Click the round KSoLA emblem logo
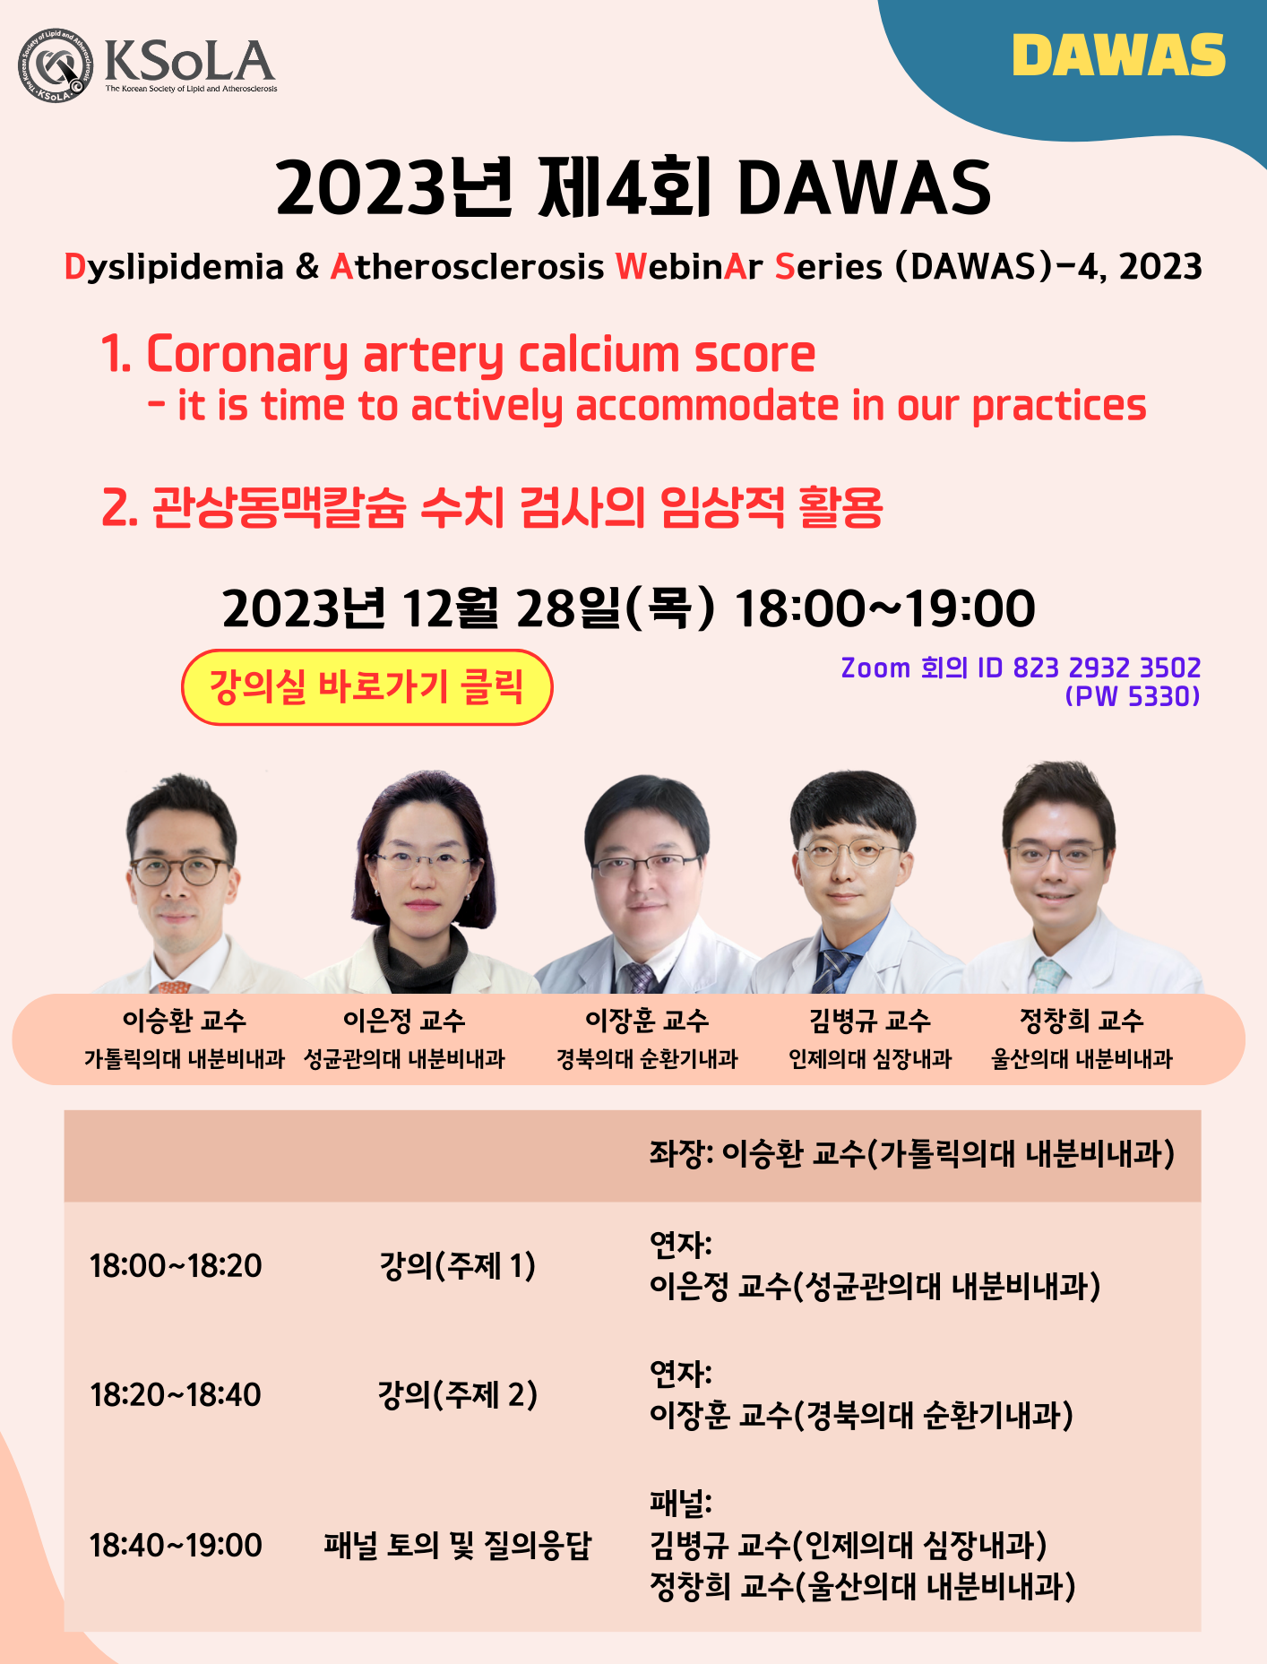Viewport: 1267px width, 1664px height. point(56,65)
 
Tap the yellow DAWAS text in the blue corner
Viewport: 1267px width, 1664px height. point(1119,56)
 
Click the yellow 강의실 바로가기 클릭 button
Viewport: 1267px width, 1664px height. point(367,687)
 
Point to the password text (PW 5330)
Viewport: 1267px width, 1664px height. point(1133,696)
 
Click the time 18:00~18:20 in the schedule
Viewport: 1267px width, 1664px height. point(176,1266)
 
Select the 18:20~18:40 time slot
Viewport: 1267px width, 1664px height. point(176,1395)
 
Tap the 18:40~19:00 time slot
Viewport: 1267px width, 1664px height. point(176,1546)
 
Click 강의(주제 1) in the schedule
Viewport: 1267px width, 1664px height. point(457,1266)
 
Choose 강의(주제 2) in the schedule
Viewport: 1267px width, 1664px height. point(457,1395)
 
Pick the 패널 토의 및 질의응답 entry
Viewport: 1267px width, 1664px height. point(457,1546)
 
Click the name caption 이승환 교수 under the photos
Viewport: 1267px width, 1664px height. point(185,1020)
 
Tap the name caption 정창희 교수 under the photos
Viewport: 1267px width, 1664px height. point(1082,1020)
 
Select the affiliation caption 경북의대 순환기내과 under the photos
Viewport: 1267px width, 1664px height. point(647,1059)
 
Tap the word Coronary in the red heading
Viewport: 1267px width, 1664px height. point(247,355)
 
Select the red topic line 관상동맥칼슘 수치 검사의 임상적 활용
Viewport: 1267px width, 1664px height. point(492,507)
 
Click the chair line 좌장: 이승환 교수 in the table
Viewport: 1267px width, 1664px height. point(911,1154)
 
